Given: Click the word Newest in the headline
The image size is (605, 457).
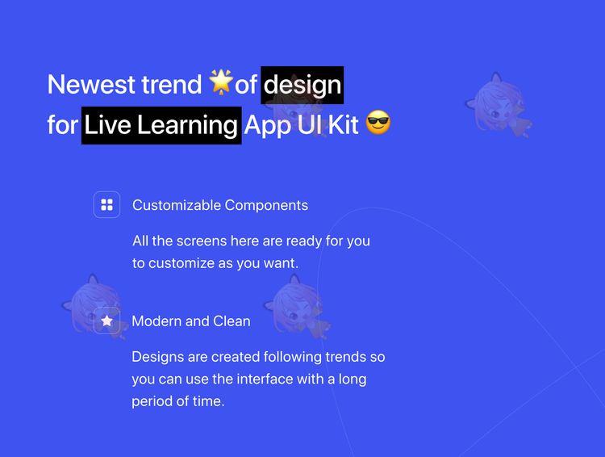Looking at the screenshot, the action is (x=91, y=84).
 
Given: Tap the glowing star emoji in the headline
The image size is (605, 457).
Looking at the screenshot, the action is (x=221, y=82).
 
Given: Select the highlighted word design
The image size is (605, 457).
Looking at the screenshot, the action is (x=302, y=85).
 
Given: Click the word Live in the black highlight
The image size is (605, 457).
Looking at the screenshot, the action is (x=107, y=125).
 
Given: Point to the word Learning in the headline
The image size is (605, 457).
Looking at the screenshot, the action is (x=187, y=125).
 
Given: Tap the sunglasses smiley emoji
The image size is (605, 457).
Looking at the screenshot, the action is (x=378, y=123).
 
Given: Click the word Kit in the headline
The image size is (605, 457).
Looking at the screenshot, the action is (x=343, y=125).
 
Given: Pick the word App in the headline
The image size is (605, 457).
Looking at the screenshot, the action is (x=267, y=126).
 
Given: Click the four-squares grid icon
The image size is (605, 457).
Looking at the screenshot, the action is (x=106, y=205).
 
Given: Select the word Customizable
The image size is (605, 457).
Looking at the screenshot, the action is (x=177, y=205).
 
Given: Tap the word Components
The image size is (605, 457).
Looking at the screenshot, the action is (x=266, y=206).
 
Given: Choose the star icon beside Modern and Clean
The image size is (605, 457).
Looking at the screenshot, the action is (x=106, y=321).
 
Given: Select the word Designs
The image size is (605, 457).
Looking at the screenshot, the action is (x=158, y=358).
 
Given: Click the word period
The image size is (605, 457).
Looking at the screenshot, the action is (x=152, y=402).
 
